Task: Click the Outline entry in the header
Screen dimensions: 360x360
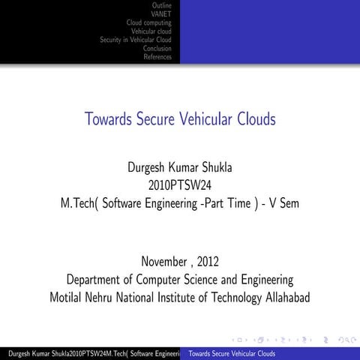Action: point(161,6)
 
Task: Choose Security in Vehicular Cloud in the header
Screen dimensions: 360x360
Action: point(136,40)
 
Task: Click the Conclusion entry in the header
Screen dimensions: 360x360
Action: point(157,49)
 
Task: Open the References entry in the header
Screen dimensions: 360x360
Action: point(157,57)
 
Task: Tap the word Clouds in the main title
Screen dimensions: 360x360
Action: point(253,118)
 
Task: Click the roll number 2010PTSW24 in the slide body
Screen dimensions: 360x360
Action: point(180,184)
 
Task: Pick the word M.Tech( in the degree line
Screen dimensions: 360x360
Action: point(79,202)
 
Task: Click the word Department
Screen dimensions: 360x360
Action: point(96,280)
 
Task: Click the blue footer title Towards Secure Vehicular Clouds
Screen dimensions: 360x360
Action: point(232,353)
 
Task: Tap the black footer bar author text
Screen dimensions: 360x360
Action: point(90,353)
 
